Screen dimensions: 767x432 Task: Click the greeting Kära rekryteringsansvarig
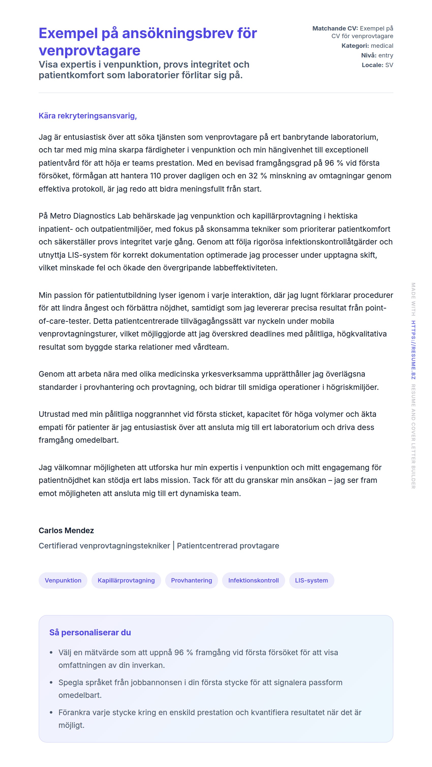point(87,116)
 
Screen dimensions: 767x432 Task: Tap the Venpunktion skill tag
point(63,580)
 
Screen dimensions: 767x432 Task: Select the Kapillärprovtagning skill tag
point(126,580)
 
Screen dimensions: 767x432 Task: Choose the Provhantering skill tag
point(191,580)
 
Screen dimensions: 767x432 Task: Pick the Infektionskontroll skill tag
point(253,580)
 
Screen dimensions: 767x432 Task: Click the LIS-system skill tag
point(311,580)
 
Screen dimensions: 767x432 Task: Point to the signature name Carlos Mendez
point(66,531)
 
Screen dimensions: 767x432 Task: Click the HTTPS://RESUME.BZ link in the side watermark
point(413,350)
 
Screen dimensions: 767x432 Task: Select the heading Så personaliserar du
point(90,632)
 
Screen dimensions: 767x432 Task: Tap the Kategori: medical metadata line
point(367,46)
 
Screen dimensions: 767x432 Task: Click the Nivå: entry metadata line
point(377,55)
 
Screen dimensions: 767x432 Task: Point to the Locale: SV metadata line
point(377,65)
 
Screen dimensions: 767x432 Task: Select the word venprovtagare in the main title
point(89,51)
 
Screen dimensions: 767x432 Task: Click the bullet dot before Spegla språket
point(51,682)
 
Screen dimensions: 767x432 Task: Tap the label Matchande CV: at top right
point(335,28)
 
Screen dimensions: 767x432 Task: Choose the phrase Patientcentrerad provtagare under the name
point(228,546)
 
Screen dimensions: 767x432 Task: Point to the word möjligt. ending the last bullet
point(71,725)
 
